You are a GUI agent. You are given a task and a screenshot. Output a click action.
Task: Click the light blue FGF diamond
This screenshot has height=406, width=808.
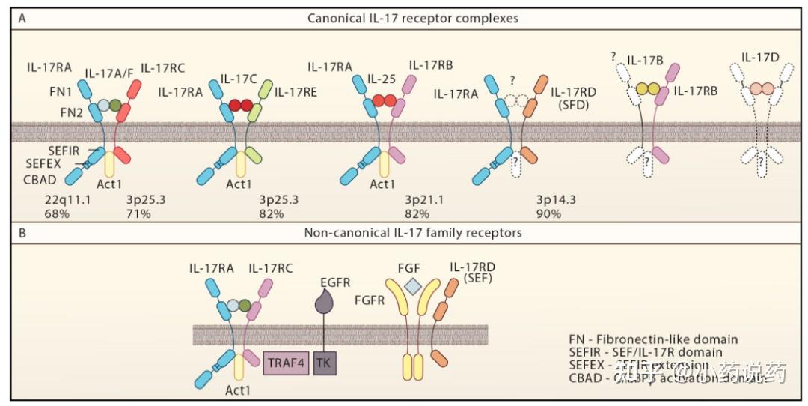tap(412, 285)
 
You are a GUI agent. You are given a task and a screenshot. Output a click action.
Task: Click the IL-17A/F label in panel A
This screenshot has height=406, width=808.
tap(111, 73)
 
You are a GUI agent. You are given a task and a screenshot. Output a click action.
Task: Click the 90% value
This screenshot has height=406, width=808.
tap(549, 214)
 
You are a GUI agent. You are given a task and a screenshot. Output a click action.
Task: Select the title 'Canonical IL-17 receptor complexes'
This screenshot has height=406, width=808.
tap(412, 16)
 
